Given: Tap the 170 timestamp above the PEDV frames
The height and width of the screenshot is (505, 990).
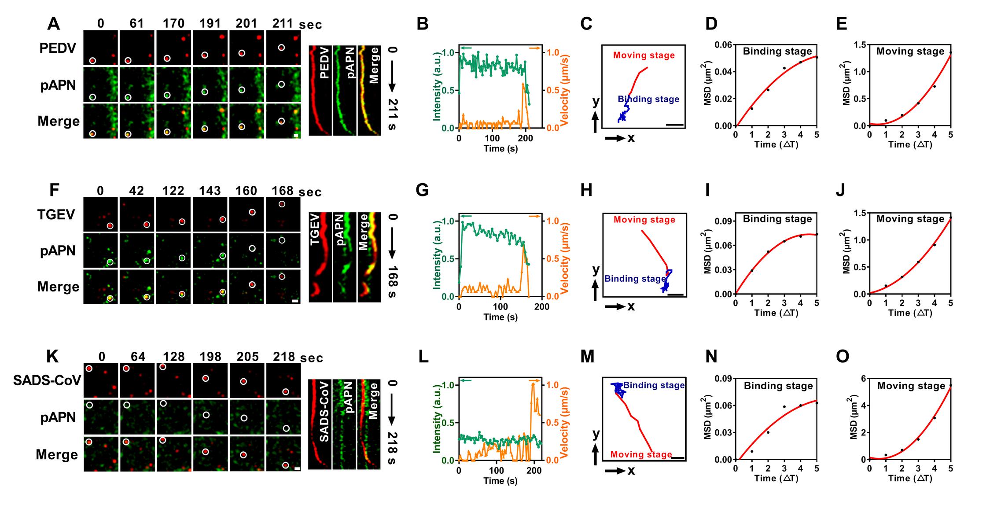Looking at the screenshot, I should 173,24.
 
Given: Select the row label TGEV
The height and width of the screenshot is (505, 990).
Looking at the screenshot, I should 56,215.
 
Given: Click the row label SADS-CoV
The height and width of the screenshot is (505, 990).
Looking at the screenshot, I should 47,380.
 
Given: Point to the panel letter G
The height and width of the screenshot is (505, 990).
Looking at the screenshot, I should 422,190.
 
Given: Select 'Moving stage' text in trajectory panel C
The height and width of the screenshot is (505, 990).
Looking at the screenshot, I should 644,55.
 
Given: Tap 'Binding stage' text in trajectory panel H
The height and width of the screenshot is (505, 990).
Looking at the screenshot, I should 635,279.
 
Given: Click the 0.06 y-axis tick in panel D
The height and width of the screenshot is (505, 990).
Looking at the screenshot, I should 723,45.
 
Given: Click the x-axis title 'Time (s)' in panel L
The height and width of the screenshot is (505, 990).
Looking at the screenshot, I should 501,481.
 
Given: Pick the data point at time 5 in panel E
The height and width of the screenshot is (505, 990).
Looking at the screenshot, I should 950,53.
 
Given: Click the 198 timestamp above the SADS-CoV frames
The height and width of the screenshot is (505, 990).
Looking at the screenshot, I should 210,357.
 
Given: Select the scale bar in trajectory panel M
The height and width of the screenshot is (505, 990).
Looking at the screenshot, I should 678,458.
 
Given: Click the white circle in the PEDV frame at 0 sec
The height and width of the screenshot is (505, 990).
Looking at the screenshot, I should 92,61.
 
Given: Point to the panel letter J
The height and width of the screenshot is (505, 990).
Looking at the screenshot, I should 840,190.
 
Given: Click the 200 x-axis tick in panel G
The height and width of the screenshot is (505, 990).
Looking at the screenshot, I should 541,307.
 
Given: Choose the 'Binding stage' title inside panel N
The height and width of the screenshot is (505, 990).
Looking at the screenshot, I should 778,386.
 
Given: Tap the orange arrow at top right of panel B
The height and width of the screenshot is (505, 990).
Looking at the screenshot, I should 535,48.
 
